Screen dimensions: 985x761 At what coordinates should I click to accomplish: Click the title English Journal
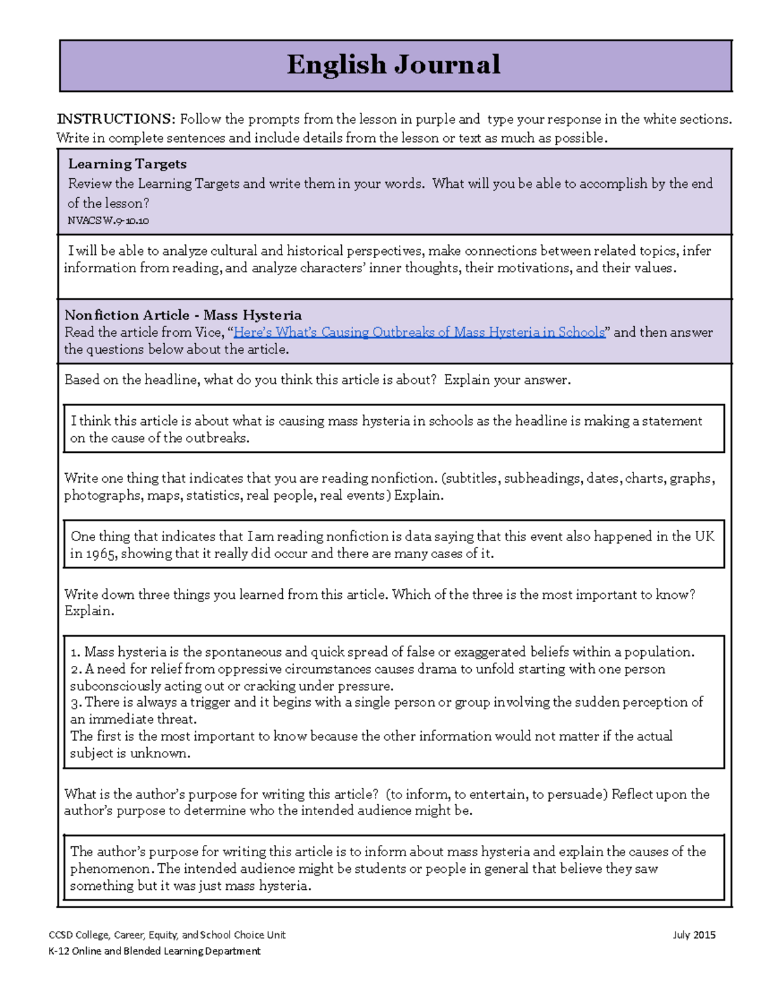393,65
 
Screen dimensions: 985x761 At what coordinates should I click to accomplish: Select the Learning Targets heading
127,164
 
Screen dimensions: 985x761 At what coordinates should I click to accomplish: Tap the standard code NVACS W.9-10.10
108,221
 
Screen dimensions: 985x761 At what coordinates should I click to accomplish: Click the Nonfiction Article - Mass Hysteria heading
183,315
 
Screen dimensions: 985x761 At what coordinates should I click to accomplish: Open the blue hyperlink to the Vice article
419,332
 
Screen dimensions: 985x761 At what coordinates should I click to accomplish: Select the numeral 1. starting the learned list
75,653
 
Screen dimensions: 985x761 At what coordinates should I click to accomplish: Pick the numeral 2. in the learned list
76,670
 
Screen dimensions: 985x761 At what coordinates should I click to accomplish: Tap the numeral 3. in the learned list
76,703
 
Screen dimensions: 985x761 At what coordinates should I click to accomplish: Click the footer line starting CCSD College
167,935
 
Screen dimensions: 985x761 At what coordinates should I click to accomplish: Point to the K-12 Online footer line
154,951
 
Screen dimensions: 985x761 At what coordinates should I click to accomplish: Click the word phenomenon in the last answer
111,869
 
